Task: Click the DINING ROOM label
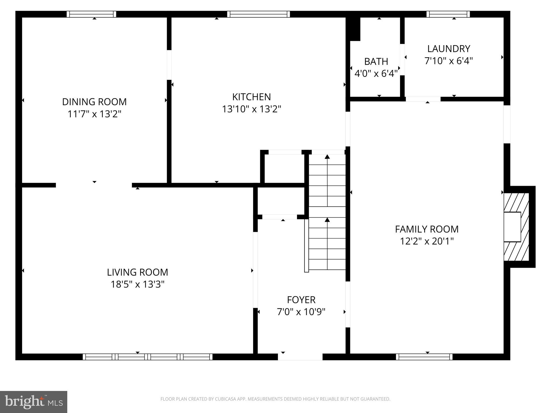[x=94, y=102]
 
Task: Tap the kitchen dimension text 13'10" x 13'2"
[x=251, y=109]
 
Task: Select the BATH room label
[x=376, y=62]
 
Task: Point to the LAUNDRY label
[x=448, y=49]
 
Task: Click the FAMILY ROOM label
[x=426, y=229]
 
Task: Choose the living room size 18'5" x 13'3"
[x=137, y=284]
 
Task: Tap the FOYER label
[x=301, y=300]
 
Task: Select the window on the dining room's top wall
[x=91, y=14]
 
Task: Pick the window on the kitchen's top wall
[x=258, y=14]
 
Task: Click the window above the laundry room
[x=448, y=14]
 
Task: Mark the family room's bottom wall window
[x=424, y=357]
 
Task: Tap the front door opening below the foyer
[x=300, y=357]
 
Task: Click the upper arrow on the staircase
[x=327, y=157]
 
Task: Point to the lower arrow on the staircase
[x=327, y=220]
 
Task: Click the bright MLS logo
[x=33, y=402]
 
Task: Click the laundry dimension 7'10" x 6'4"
[x=448, y=61]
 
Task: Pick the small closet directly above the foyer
[x=281, y=201]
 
